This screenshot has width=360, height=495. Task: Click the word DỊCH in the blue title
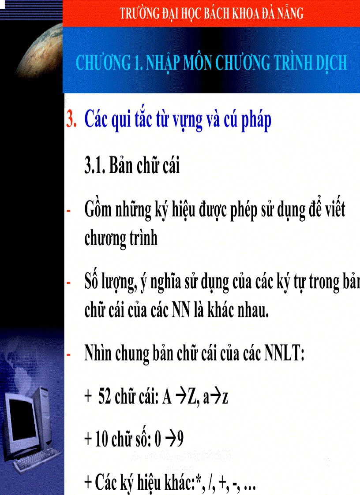coord(331,63)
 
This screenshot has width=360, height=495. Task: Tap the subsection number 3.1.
coord(94,167)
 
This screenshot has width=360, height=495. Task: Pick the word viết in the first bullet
coord(332,210)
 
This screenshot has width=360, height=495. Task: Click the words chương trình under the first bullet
coord(120,238)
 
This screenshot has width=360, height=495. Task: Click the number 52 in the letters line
coord(105,398)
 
